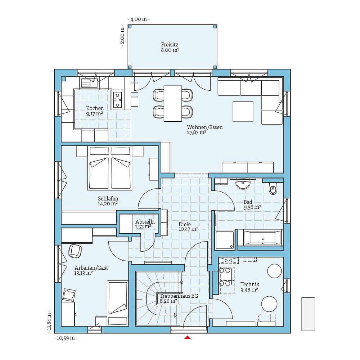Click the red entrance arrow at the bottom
tap(187, 337)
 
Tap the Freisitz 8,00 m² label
tap(170, 48)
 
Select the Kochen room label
tap(95, 111)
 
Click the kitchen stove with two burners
tap(118, 100)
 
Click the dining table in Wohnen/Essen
tap(173, 103)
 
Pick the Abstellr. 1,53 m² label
tap(145, 224)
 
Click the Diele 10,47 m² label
tap(188, 226)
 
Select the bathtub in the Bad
tap(262, 238)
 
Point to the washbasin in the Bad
tap(243, 184)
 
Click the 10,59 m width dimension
tap(66, 338)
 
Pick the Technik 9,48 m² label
tap(249, 287)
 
